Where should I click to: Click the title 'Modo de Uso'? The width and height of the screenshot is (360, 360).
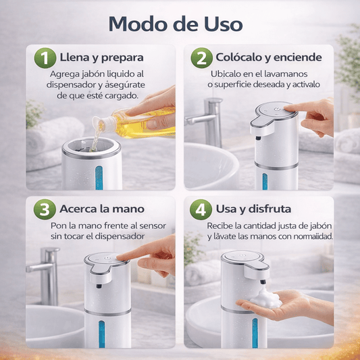tap(175, 24)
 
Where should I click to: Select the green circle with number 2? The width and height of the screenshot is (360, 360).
tap(200, 58)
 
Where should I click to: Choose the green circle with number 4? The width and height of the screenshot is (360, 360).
tap(200, 209)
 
